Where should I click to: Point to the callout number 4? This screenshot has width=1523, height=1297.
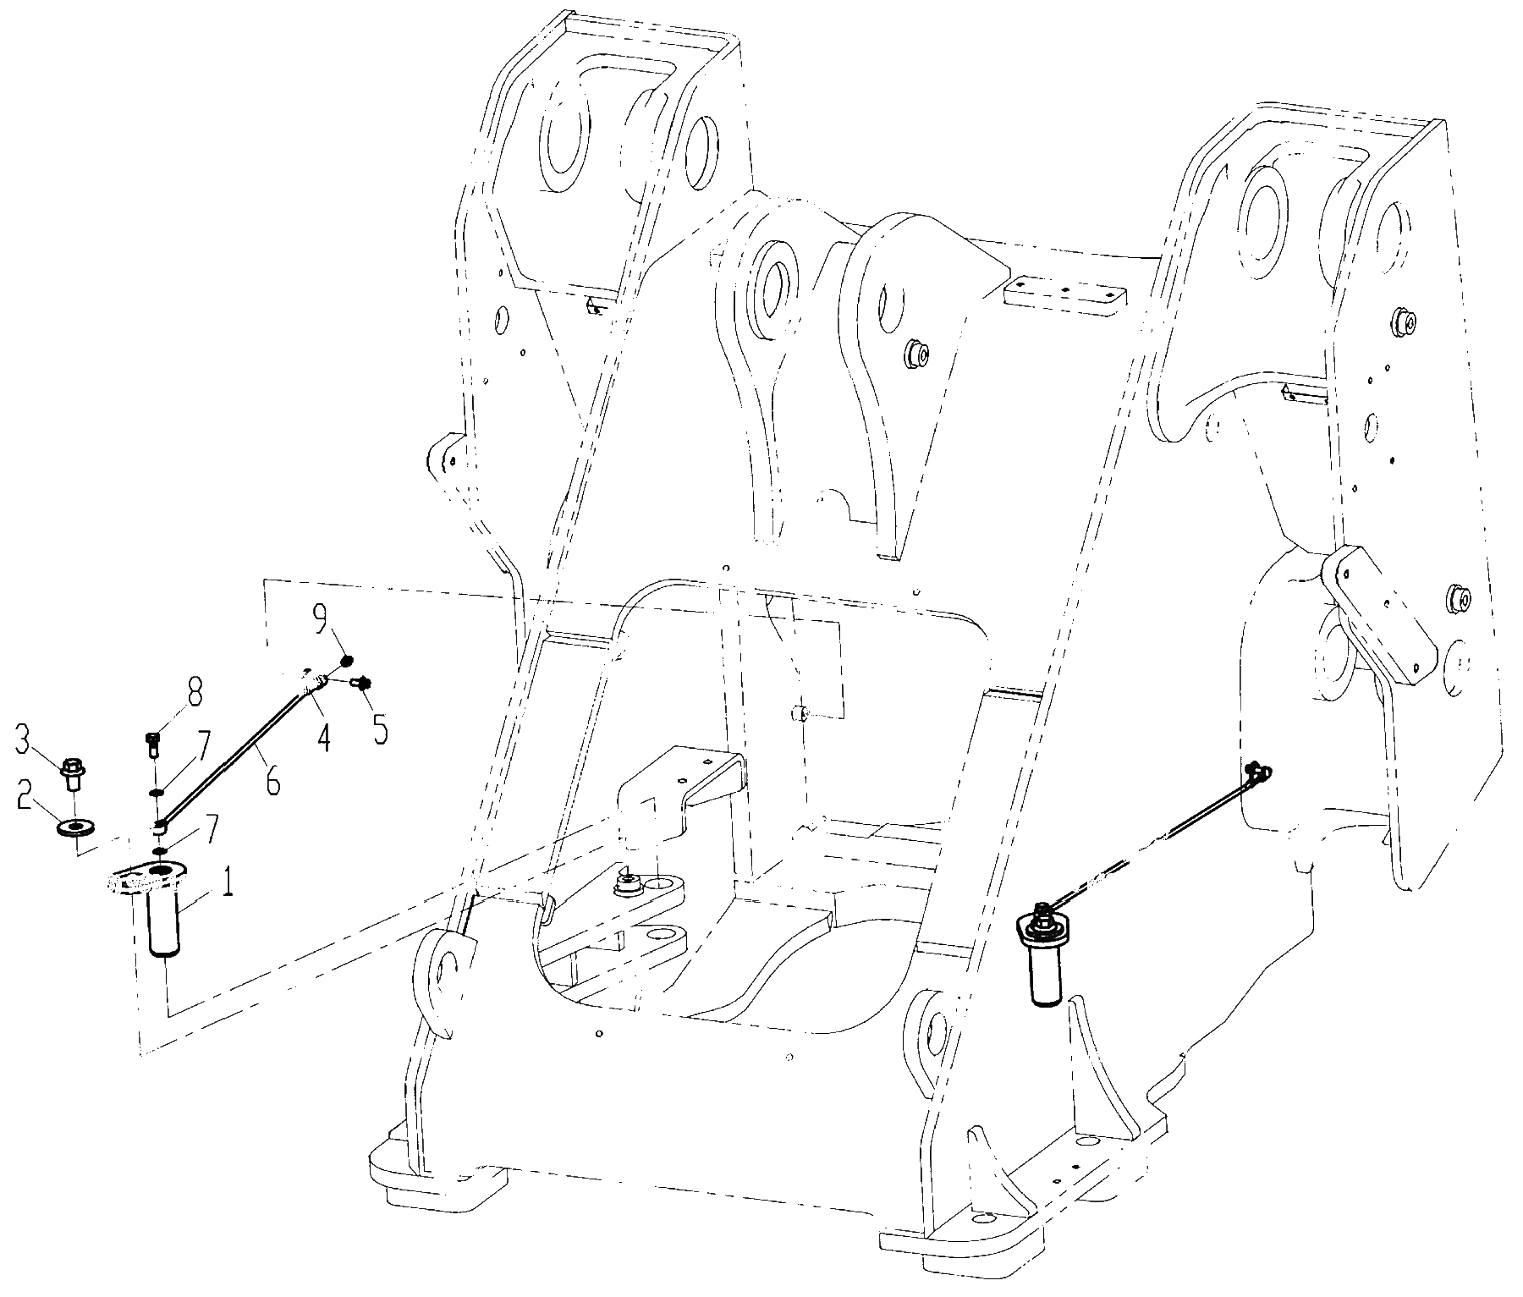[x=323, y=739]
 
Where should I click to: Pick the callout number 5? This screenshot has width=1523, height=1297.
[x=380, y=728]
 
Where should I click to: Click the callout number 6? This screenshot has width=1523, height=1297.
[x=272, y=782]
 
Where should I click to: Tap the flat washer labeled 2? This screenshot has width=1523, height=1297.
[x=75, y=826]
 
